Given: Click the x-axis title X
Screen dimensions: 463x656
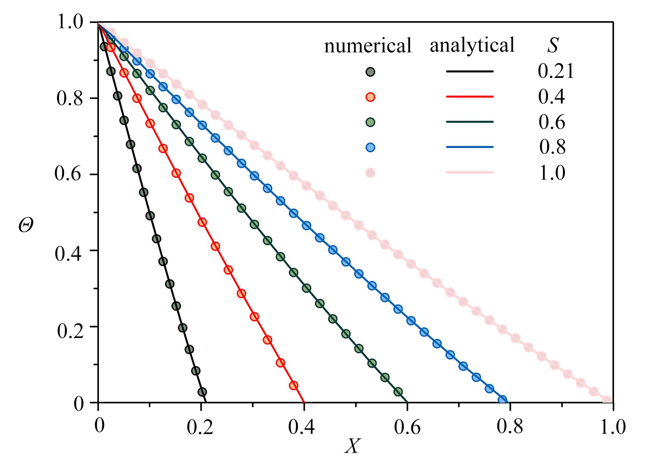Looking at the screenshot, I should tap(353, 446).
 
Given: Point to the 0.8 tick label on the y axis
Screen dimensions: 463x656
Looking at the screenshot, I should tap(69, 98).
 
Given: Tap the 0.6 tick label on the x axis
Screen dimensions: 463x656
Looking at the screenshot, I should tap(407, 427).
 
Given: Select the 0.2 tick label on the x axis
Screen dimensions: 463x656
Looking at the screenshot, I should tap(200, 427).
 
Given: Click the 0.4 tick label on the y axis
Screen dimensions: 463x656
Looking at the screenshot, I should tap(68, 253).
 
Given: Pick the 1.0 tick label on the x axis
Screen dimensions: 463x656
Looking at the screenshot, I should tap(613, 427).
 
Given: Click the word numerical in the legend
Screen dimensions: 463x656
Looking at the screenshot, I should tap(367, 46).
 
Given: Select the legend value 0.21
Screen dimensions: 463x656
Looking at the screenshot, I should tap(556, 71).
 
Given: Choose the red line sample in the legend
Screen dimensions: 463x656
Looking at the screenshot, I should tap(470, 97).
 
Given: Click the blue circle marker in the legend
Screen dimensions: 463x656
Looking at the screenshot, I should tap(370, 148).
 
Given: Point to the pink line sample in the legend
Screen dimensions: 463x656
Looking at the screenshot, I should tap(470, 172).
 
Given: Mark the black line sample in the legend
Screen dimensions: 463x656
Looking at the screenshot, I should tap(470, 71).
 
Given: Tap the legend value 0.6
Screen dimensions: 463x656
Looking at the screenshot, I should tap(552, 122).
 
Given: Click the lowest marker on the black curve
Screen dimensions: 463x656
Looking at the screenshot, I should tap(202, 392).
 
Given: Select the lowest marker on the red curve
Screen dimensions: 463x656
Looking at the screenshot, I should tap(294, 385).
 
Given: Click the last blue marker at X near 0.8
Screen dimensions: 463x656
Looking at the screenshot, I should tap(502, 400).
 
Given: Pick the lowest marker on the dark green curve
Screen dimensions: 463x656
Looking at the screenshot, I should tap(398, 392).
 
